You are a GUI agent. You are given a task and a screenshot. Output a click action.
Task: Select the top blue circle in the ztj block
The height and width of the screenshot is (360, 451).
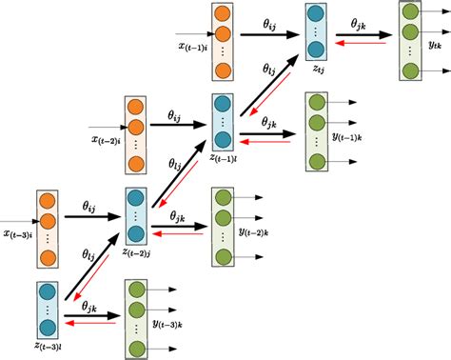coord(314,16)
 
